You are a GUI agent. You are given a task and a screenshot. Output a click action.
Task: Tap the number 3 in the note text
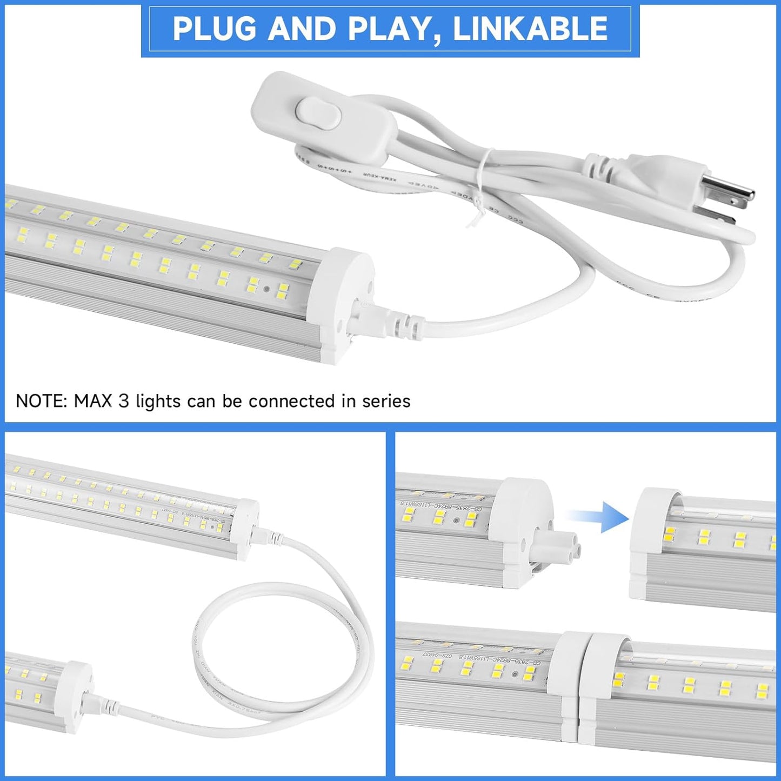click(124, 401)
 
